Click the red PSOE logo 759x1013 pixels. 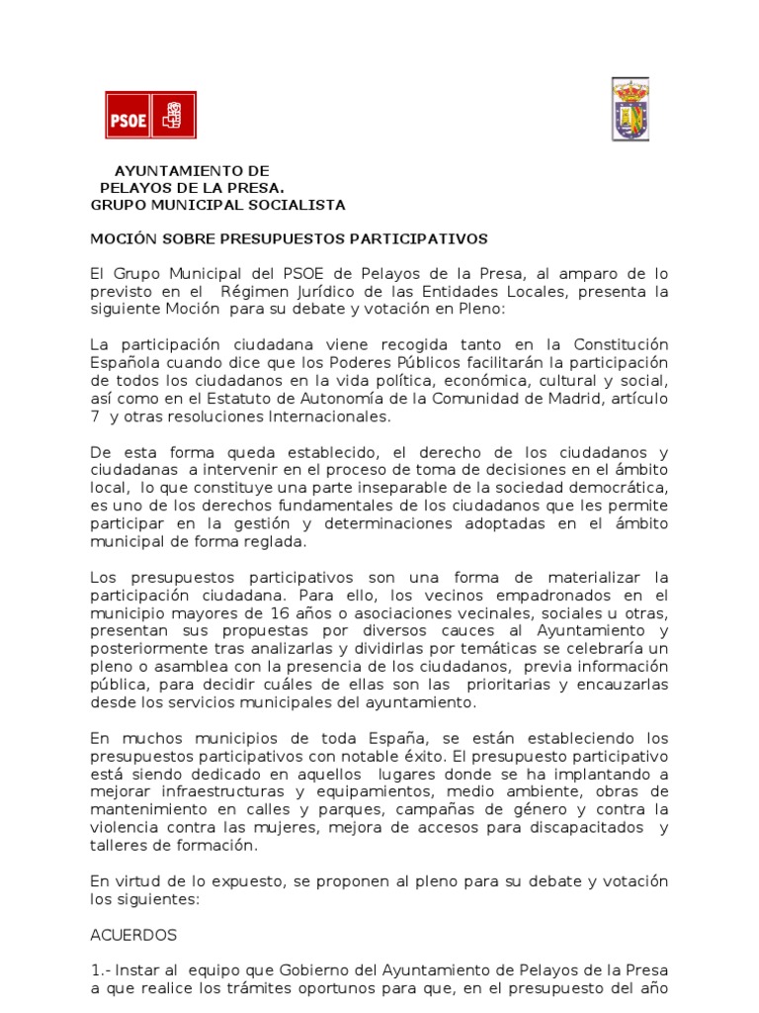tap(150, 115)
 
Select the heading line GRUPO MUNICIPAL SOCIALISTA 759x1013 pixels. tap(217, 205)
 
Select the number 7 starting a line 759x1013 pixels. tap(95, 415)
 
